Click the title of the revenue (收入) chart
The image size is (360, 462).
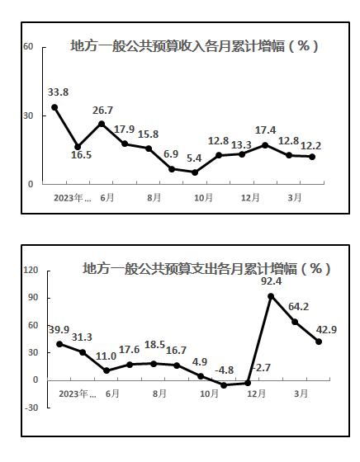tap(194, 46)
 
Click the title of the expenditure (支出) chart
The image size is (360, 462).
tap(206, 269)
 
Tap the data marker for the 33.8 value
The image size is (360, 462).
tap(54, 107)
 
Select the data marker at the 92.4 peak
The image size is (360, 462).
tap(271, 296)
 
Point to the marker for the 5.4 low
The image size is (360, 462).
tap(195, 172)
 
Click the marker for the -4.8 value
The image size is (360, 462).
tap(224, 385)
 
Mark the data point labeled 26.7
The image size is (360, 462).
tap(102, 124)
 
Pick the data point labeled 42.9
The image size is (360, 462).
tap(319, 342)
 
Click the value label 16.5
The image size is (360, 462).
tap(81, 155)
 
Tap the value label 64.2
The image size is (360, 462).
tap(298, 307)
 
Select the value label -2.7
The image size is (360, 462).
tap(261, 368)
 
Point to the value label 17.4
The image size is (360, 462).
tap(265, 130)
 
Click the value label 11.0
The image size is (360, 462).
tap(107, 356)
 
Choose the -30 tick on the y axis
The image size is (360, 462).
tap(31, 408)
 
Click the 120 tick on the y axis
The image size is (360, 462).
tap(31, 270)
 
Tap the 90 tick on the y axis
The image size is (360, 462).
tap(33, 298)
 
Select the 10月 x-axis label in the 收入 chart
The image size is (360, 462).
tap(203, 198)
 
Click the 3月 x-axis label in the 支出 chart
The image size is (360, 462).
tap(301, 394)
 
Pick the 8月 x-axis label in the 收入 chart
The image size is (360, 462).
tap(154, 198)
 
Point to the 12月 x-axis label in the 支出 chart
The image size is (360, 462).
tap(256, 394)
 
